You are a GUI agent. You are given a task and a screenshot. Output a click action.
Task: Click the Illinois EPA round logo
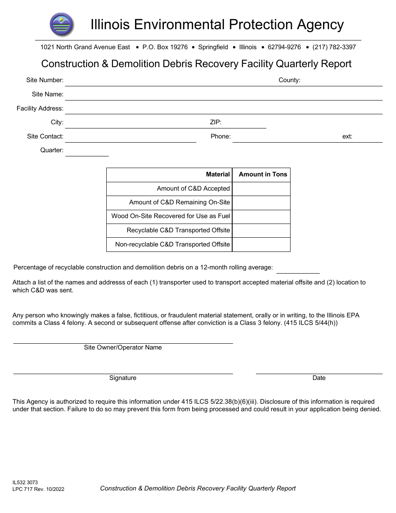(x=62, y=24)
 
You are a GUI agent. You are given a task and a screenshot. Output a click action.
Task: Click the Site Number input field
(x=167, y=80)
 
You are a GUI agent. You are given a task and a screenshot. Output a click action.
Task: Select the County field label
(x=289, y=80)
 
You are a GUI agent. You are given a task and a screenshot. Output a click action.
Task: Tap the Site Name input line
(x=223, y=95)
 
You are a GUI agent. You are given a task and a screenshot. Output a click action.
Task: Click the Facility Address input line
(x=223, y=109)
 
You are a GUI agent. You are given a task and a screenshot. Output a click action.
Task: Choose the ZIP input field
(x=244, y=123)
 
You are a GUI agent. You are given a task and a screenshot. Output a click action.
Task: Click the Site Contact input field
(x=130, y=137)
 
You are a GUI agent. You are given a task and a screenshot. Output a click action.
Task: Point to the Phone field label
(x=221, y=136)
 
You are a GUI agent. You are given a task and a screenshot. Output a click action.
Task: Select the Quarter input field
(x=87, y=151)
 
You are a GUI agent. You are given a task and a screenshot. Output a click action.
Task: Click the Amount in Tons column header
(x=263, y=174)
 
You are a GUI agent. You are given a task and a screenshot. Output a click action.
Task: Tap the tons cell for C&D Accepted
(x=261, y=189)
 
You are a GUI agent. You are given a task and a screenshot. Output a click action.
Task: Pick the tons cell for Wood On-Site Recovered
(x=261, y=216)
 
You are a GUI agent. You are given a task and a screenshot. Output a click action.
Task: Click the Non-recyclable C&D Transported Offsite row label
(x=173, y=244)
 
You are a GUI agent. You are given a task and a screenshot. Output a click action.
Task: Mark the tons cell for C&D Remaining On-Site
(x=261, y=203)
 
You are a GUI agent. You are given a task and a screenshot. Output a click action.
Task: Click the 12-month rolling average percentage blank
(x=298, y=267)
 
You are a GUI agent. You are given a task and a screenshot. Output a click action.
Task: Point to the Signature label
(x=123, y=378)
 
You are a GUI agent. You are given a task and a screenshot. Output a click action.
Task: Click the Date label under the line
(x=319, y=378)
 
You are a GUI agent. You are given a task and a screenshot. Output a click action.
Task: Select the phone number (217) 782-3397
(x=334, y=47)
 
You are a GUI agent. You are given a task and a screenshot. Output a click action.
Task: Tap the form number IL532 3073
(x=25, y=482)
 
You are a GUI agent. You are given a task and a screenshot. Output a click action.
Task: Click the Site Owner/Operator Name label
(x=123, y=347)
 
